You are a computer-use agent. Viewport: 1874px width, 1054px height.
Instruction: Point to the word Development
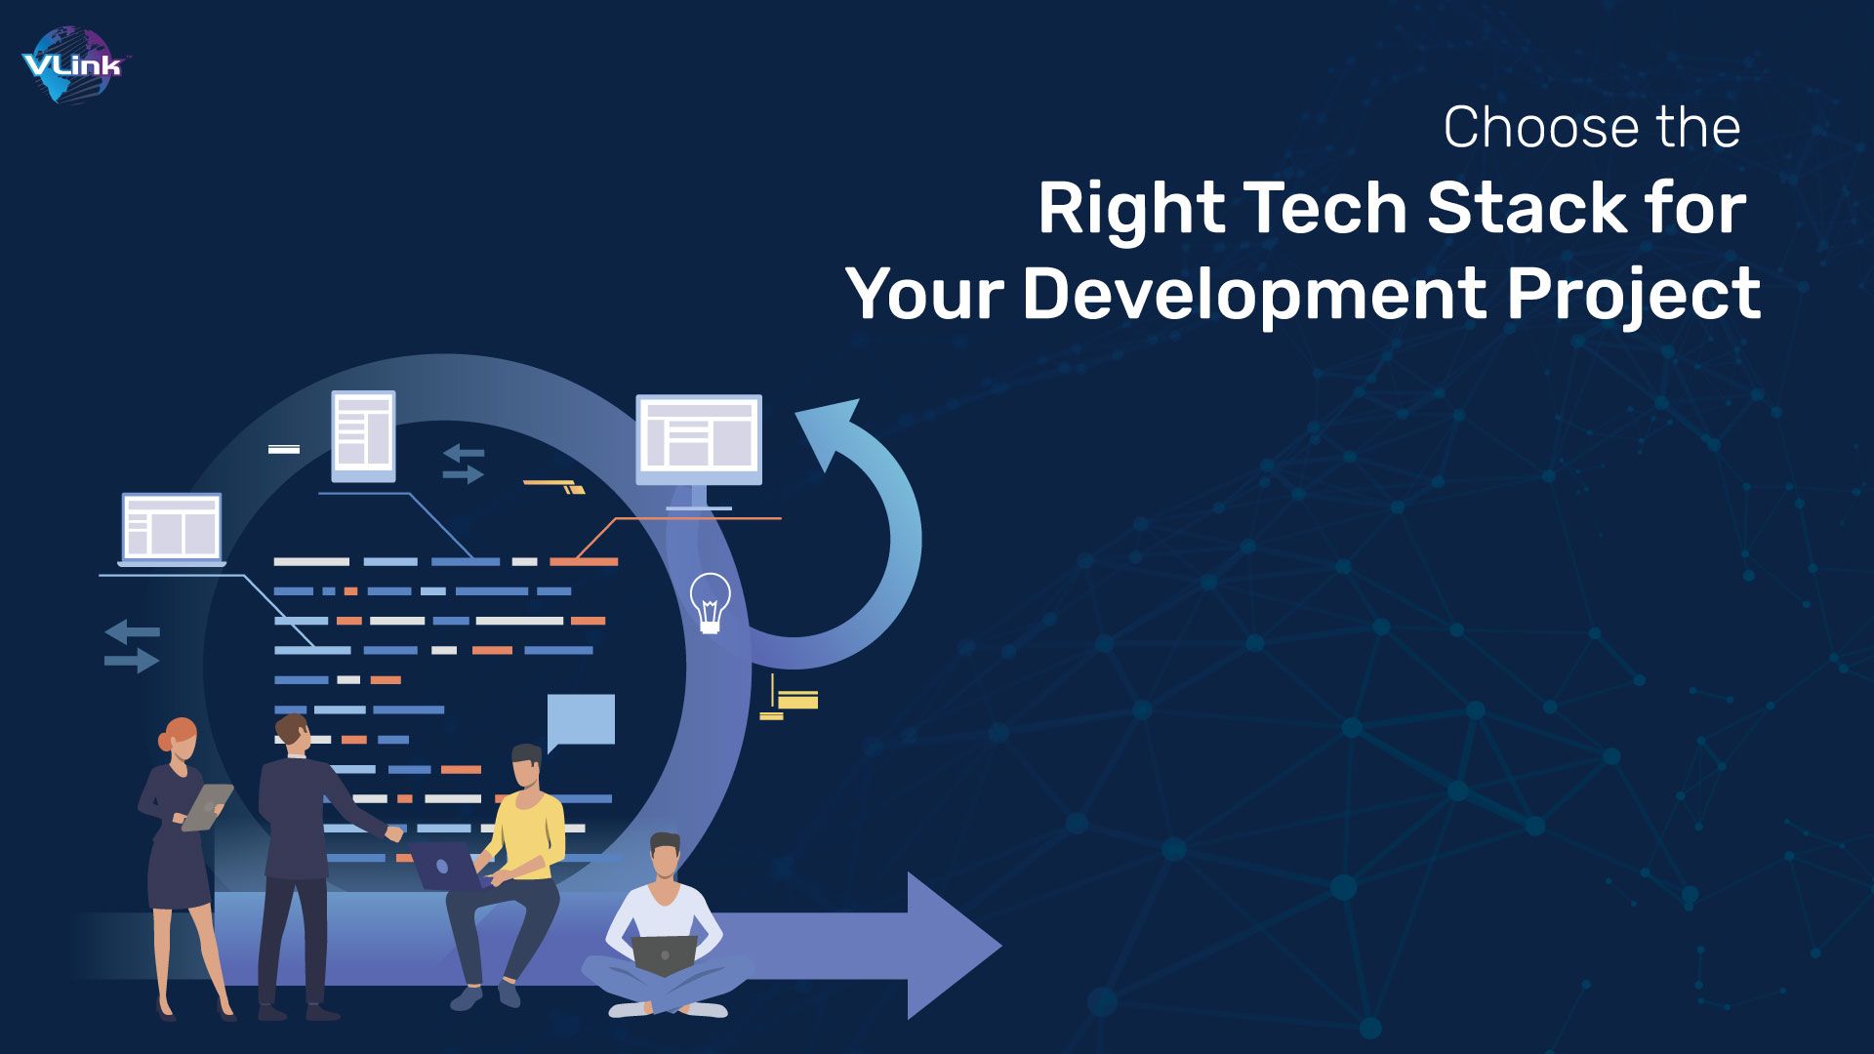point(1254,294)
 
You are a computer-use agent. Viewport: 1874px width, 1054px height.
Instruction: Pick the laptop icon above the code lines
point(172,528)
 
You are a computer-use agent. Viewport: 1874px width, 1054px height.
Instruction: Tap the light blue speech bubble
point(581,720)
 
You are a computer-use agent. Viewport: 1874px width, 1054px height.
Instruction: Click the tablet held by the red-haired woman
point(208,807)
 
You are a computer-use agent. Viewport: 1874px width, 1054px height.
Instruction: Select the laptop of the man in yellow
point(445,866)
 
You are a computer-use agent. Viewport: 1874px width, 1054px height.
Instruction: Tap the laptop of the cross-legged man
point(664,953)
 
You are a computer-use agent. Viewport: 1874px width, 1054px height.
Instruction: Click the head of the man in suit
point(292,734)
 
